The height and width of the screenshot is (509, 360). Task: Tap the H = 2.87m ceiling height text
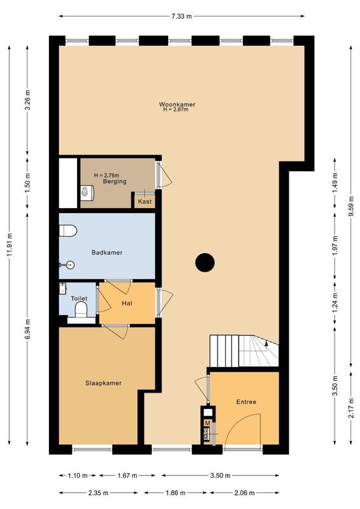coord(176,110)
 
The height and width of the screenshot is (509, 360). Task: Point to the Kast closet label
coord(145,202)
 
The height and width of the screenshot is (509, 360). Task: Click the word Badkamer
coord(107,253)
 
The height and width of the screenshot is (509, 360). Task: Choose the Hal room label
coord(127,304)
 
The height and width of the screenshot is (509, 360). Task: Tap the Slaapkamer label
coord(104,383)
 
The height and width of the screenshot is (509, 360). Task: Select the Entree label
coord(246,401)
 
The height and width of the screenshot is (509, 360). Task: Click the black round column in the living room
coord(204,261)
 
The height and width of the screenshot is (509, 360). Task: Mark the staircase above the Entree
coord(244,352)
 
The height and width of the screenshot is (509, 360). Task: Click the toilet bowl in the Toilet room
coord(81,310)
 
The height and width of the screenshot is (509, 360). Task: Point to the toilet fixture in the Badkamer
coord(68,230)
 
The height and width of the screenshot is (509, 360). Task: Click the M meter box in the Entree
coord(207,423)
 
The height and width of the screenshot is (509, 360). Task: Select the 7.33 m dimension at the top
coord(181,15)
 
